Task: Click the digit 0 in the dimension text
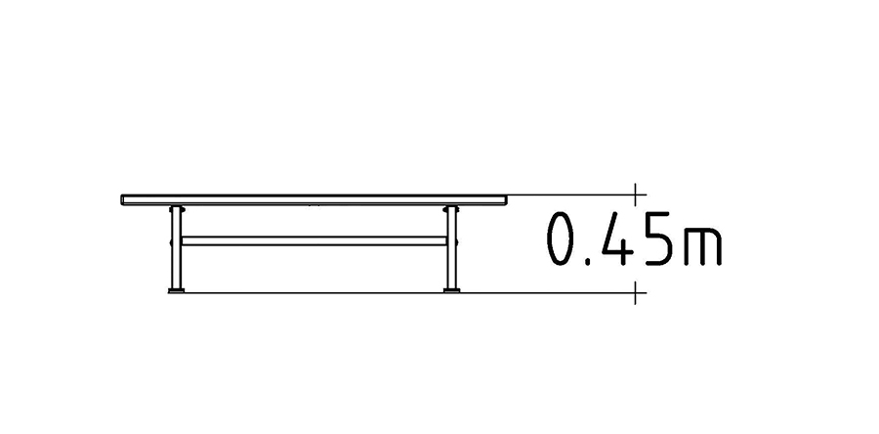point(561,239)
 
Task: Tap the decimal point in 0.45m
point(589,261)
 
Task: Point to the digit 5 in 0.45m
point(658,239)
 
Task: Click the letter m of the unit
point(702,246)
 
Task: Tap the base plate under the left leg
point(176,290)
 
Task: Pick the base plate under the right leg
point(452,290)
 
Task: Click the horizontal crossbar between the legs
point(314,240)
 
